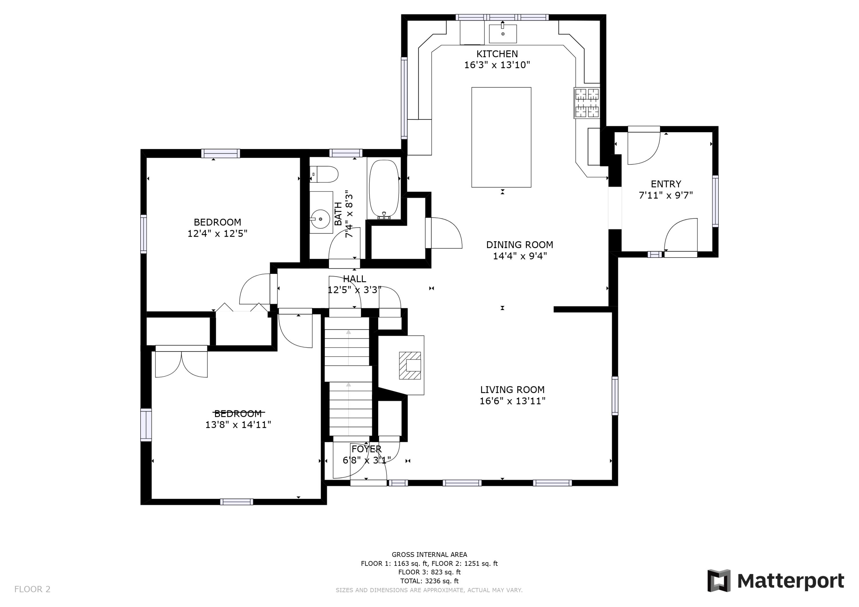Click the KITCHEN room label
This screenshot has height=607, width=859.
pyautogui.click(x=497, y=54)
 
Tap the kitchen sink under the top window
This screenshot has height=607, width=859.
pyautogui.click(x=503, y=34)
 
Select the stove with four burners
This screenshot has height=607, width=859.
pyautogui.click(x=587, y=103)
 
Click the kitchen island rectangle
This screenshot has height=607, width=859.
pyautogui.click(x=501, y=137)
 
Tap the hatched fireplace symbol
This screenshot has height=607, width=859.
pyautogui.click(x=410, y=365)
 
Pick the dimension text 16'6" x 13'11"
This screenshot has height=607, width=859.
pyautogui.click(x=512, y=401)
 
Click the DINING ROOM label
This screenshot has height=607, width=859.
pyautogui.click(x=519, y=245)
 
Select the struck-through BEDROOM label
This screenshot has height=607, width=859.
pyautogui.click(x=238, y=413)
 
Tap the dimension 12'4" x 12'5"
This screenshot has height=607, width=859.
pyautogui.click(x=217, y=233)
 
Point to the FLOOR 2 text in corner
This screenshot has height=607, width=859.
pyautogui.click(x=32, y=589)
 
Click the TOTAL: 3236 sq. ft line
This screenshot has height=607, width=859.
pyautogui.click(x=429, y=581)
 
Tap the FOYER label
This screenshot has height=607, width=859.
pyautogui.click(x=366, y=449)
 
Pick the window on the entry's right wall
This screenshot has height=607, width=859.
pyautogui.click(x=715, y=201)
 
